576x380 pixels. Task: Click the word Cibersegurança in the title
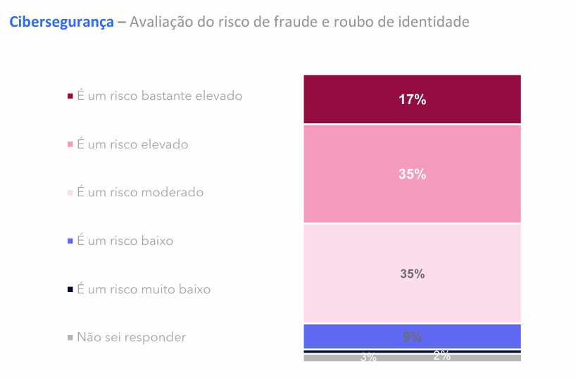pos(61,23)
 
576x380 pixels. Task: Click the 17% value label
pos(412,100)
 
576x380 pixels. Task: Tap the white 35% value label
pos(412,175)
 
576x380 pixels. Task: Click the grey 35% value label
pos(412,274)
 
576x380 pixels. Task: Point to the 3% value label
pos(368,357)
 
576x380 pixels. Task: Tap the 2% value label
pos(442,356)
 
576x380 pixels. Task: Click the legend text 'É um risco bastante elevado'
pos(159,96)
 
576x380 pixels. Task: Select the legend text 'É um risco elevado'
pos(132,144)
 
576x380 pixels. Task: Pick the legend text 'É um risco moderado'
pos(140,192)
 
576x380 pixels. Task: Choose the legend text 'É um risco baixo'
pos(125,241)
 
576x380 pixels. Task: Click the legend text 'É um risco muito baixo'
pos(144,289)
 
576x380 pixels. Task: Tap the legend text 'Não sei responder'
pos(131,337)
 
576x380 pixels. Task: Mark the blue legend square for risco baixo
pos(70,241)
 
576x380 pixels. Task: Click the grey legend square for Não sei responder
pos(70,338)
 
